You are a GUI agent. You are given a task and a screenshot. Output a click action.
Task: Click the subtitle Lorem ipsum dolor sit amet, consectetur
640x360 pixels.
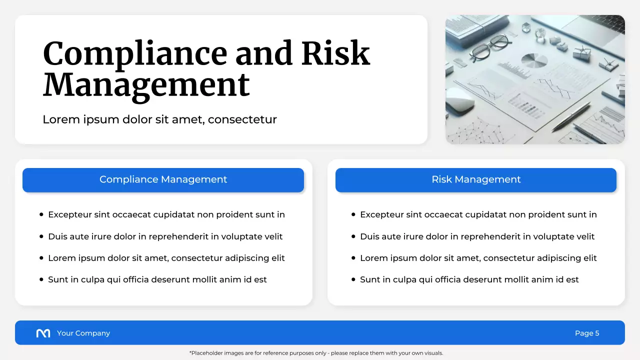(x=159, y=119)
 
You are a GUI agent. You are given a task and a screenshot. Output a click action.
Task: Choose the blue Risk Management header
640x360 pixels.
(x=475, y=180)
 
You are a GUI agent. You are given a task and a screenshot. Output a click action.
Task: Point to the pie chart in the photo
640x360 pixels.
(x=534, y=61)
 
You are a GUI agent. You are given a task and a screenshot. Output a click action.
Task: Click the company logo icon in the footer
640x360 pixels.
(x=43, y=333)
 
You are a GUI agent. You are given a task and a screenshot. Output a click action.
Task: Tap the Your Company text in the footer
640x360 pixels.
(x=83, y=333)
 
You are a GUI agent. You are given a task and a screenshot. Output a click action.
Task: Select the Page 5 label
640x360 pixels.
(x=587, y=333)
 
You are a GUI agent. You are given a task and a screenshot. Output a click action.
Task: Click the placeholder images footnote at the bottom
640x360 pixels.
(x=316, y=353)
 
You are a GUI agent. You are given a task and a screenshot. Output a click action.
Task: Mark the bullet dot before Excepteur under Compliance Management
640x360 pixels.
(x=41, y=215)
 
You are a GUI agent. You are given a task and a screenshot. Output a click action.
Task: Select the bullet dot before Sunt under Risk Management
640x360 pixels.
(x=353, y=280)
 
